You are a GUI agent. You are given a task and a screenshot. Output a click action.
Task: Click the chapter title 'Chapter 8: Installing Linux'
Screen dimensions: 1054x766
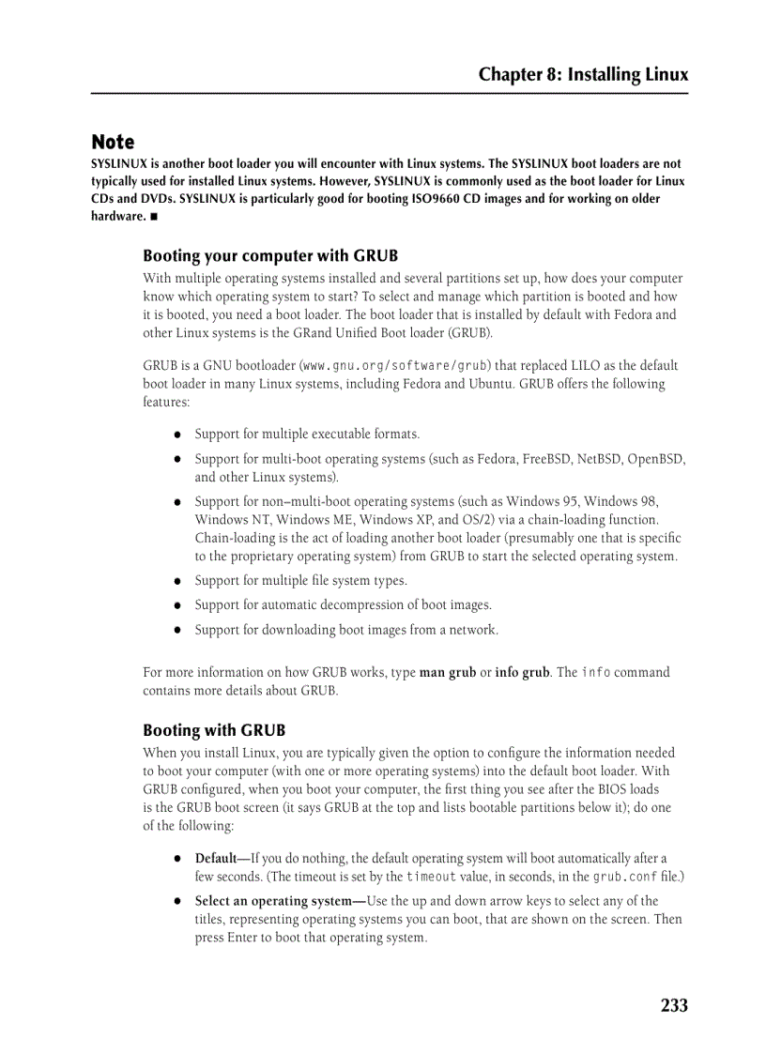coord(583,74)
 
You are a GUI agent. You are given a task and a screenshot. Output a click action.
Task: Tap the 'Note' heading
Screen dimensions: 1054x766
coord(113,143)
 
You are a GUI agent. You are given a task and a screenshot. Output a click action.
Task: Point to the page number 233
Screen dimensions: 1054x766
coord(673,1005)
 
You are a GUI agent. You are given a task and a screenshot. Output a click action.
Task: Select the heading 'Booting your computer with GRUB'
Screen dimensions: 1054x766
coord(270,255)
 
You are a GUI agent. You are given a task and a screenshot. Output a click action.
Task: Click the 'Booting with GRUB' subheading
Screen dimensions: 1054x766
coord(214,730)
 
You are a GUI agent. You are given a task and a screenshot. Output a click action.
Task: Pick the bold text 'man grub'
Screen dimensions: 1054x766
coord(448,672)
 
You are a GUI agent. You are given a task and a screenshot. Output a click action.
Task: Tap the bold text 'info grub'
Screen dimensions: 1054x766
coord(522,672)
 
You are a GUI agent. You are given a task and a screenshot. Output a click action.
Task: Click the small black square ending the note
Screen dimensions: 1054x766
coord(153,217)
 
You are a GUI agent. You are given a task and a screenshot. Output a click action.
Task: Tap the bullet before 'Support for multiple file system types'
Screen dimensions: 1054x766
coord(176,582)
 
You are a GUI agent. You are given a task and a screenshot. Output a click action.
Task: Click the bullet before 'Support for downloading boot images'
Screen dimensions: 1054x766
coord(176,631)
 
